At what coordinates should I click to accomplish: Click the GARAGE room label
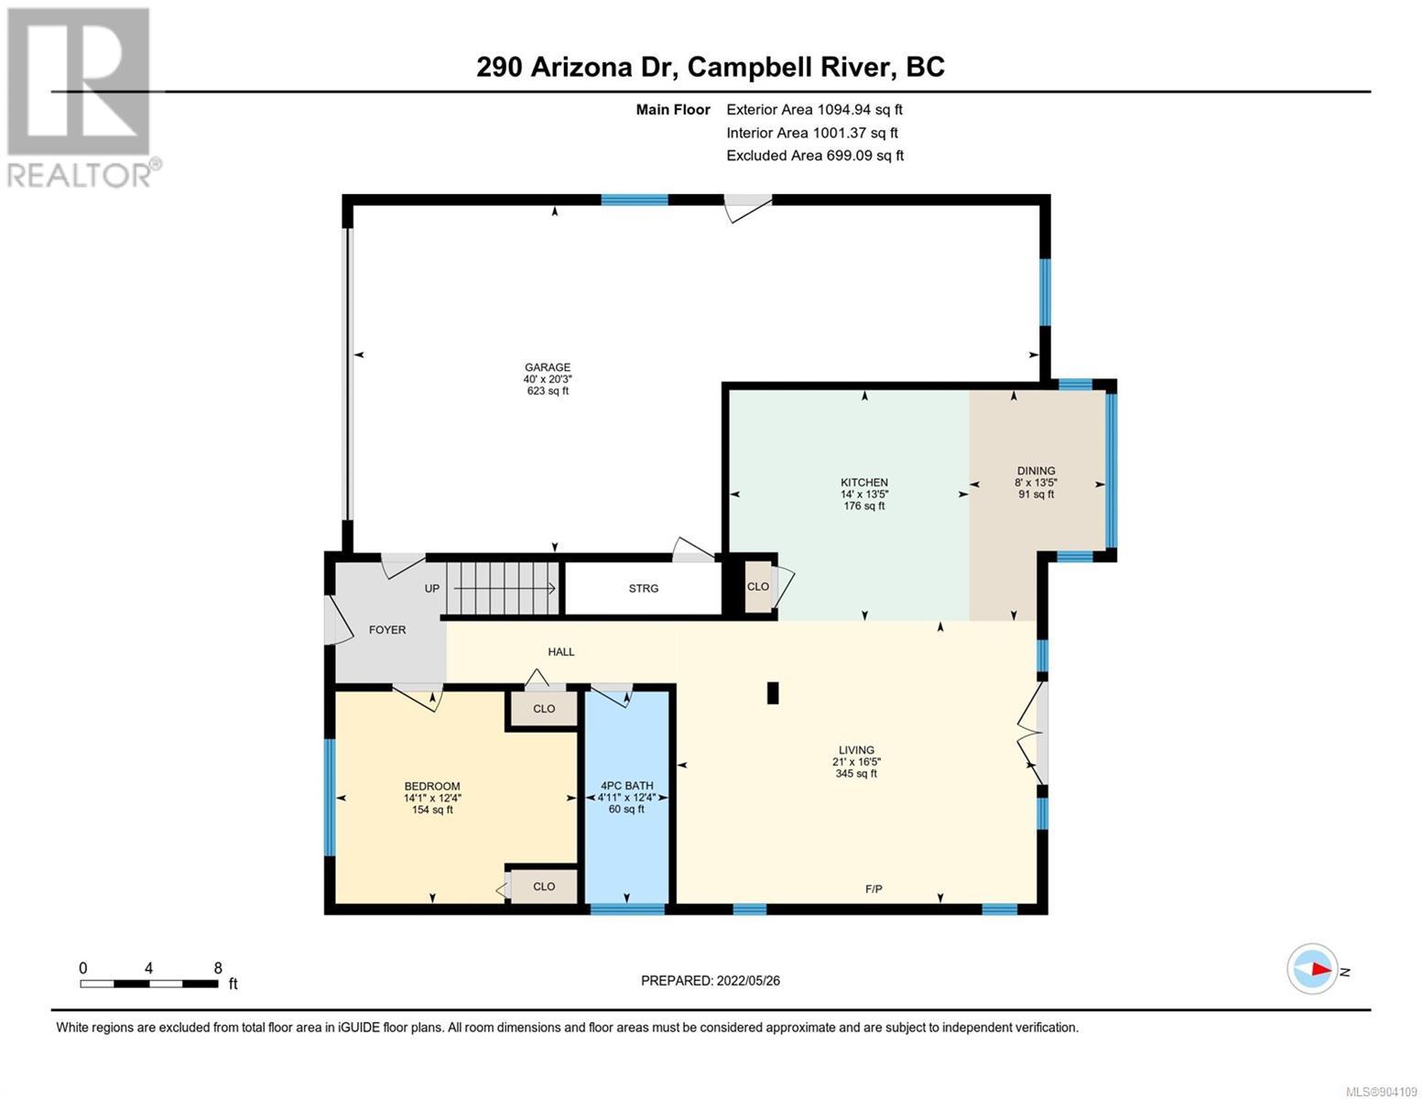(x=547, y=367)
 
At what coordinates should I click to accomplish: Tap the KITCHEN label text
(x=863, y=483)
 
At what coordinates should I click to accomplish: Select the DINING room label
(x=1036, y=471)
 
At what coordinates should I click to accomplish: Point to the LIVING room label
(x=856, y=750)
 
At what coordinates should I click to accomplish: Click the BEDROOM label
(x=432, y=786)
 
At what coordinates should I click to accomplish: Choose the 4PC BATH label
(x=627, y=786)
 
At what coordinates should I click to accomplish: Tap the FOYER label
(x=387, y=630)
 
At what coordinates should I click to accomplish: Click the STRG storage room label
(x=644, y=589)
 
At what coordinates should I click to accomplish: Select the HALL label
(x=560, y=652)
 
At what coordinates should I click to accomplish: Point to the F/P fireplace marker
(x=874, y=889)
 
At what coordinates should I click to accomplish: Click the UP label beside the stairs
(x=432, y=589)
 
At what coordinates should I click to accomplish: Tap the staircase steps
(x=503, y=589)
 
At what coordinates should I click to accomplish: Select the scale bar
(x=149, y=984)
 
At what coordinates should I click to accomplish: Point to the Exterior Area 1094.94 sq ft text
(x=814, y=110)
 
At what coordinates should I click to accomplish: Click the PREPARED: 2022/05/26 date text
(x=710, y=981)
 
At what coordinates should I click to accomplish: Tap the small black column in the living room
(x=772, y=693)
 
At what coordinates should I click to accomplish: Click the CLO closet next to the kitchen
(x=758, y=586)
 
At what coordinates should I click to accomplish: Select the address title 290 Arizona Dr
(x=576, y=68)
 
